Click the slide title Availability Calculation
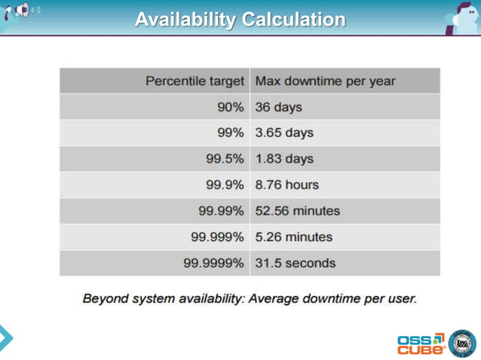[240, 19]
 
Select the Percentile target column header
[197, 81]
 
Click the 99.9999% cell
[215, 264]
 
